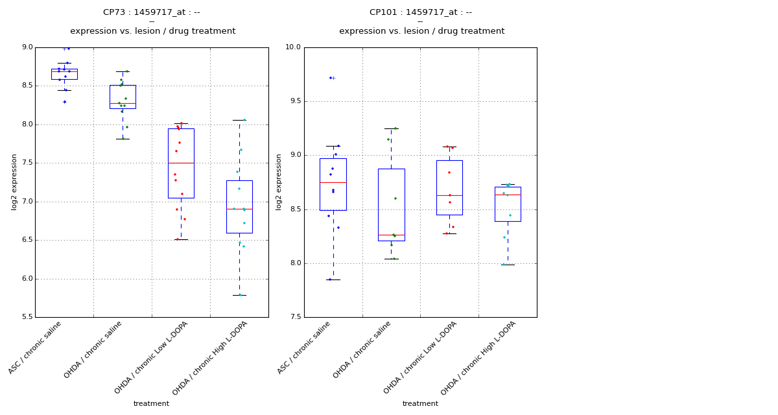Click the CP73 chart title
(152, 12)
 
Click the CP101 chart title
(421, 12)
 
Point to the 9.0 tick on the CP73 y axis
(27, 47)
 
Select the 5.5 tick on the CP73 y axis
(27, 317)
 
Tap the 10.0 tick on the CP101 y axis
(293, 47)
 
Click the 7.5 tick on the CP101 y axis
(294, 317)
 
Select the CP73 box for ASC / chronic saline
(64, 75)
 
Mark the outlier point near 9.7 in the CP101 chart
(331, 78)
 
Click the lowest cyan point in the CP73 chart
(240, 295)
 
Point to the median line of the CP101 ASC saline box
(333, 182)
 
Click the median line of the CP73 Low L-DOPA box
(181, 163)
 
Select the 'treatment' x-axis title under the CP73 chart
(151, 404)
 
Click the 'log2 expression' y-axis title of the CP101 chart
(279, 182)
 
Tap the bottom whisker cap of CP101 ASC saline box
(333, 279)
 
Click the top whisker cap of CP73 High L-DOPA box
(239, 120)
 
